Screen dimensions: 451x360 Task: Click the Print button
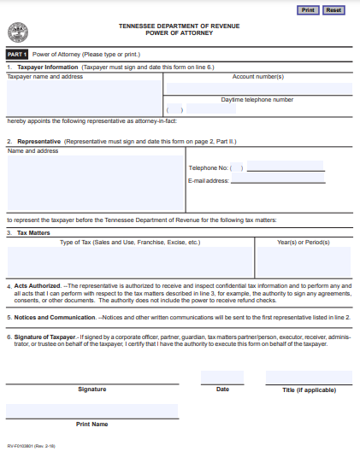click(309, 9)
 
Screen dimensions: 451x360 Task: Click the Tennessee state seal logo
click(17, 32)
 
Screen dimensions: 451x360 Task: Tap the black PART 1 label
click(17, 54)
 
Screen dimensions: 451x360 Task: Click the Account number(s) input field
click(257, 88)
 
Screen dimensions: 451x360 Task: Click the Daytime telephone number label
click(257, 99)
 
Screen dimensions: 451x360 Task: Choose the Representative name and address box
click(95, 182)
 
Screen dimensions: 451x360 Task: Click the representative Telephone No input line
click(283, 167)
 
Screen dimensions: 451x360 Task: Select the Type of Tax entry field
click(130, 262)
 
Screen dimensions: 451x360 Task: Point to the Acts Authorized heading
click(38, 286)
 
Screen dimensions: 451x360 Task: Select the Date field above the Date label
click(222, 378)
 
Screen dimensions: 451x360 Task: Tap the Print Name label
click(92, 424)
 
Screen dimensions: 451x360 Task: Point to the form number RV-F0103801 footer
click(30, 445)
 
